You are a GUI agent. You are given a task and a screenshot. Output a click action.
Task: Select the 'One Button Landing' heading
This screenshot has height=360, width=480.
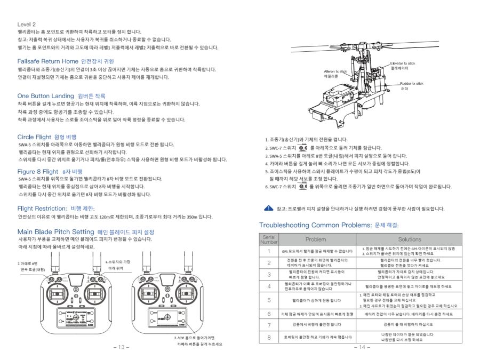[45, 95]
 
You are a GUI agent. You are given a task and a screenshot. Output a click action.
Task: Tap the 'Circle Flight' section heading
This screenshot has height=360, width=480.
[34, 137]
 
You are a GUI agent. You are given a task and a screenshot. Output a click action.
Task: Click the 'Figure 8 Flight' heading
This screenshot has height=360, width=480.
[37, 171]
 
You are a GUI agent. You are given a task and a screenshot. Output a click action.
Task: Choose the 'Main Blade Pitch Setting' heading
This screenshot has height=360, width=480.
[55, 232]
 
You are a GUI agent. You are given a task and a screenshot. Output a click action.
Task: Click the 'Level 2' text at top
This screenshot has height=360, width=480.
[27, 25]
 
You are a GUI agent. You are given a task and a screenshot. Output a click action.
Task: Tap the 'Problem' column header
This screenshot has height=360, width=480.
[315, 239]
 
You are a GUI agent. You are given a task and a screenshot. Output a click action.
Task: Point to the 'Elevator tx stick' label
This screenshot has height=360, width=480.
[403, 63]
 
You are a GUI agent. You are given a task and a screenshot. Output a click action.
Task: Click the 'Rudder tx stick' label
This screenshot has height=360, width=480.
[412, 84]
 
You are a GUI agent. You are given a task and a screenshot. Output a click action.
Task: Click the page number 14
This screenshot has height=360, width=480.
[361, 347]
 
